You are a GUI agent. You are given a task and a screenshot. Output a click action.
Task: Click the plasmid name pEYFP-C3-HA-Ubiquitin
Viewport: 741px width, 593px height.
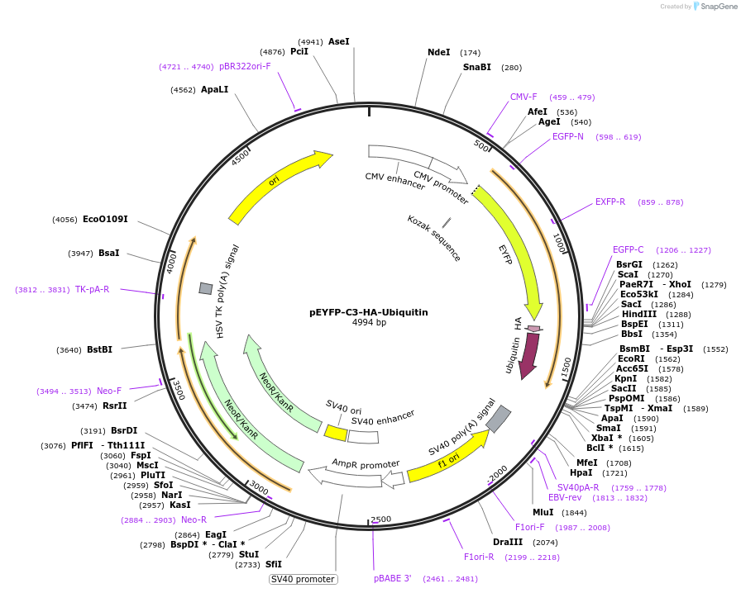point(369,312)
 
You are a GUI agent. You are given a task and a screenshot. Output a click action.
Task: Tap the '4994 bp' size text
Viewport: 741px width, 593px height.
point(369,323)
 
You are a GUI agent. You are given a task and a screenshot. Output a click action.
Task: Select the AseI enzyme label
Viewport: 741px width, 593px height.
point(339,41)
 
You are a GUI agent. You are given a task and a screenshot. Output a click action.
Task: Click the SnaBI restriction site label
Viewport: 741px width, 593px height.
point(477,68)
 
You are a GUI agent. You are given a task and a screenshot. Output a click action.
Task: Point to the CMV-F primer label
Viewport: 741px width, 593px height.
point(523,97)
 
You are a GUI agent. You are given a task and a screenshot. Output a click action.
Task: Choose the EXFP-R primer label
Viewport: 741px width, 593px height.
point(610,202)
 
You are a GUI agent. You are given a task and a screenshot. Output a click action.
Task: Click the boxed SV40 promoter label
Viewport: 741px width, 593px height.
point(304,579)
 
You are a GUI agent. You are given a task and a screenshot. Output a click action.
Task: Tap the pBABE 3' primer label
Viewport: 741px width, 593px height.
point(393,579)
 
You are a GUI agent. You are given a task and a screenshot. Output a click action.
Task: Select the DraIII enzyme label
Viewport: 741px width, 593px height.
point(508,543)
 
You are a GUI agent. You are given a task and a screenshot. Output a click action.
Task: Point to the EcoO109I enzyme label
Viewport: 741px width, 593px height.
point(105,220)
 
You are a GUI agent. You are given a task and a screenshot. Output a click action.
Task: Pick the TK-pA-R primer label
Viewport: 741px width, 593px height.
point(92,290)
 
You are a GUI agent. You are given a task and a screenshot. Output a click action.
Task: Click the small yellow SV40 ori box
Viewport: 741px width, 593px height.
point(336,433)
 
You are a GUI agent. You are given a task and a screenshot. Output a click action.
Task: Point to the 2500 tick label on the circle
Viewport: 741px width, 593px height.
point(381,519)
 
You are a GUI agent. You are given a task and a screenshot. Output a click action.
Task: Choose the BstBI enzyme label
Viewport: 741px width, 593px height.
point(99,350)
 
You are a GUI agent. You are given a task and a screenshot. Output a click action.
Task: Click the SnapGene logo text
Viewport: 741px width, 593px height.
point(717,7)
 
